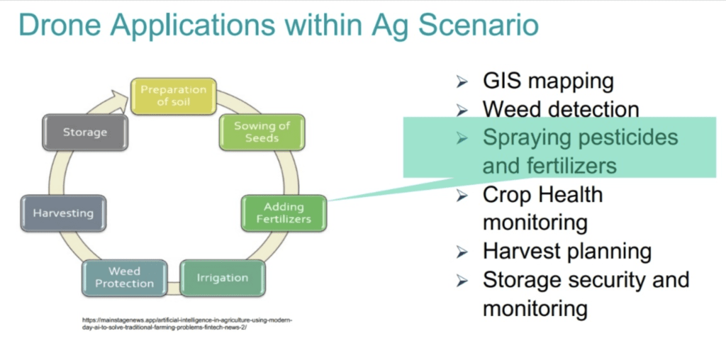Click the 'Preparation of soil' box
pyautogui.click(x=173, y=96)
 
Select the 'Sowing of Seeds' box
pyautogui.click(x=262, y=132)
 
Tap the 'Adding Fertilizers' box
pyautogui.click(x=284, y=213)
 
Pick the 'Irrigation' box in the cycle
pyautogui.click(x=223, y=277)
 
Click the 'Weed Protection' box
pyautogui.click(x=125, y=277)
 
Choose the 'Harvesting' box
pyautogui.click(x=63, y=213)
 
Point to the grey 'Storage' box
pyautogui.click(x=84, y=133)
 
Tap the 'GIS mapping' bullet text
pyautogui.click(x=548, y=81)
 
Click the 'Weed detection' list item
pyautogui.click(x=561, y=109)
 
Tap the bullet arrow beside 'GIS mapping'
pyautogui.click(x=462, y=82)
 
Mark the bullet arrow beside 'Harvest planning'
pyautogui.click(x=462, y=252)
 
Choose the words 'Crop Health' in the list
pyautogui.click(x=542, y=194)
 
